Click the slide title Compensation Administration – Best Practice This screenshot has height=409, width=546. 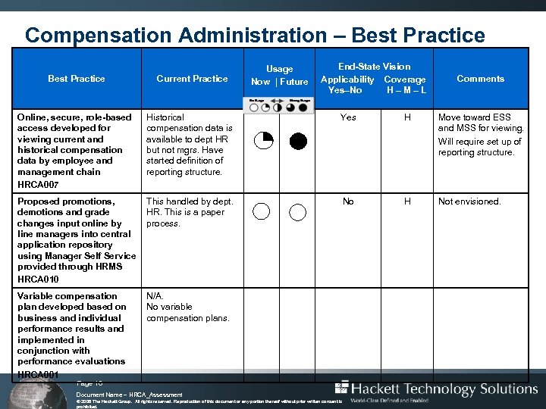255,35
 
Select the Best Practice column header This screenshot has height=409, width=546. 77,79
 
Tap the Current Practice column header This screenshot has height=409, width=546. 192,79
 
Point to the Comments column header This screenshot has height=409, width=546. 480,79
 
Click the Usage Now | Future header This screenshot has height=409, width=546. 279,76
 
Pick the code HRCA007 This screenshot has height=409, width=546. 38,184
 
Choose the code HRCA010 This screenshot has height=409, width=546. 38,278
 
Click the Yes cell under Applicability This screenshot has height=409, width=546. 348,117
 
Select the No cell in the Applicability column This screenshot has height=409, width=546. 348,201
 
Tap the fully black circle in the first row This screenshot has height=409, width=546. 298,141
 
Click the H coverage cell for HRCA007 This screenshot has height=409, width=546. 407,117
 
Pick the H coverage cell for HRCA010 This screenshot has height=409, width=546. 407,201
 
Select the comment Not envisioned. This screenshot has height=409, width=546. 469,201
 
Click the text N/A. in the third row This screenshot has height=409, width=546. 154,296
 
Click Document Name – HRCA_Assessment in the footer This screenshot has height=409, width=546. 130,395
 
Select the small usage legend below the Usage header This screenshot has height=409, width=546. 279,105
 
